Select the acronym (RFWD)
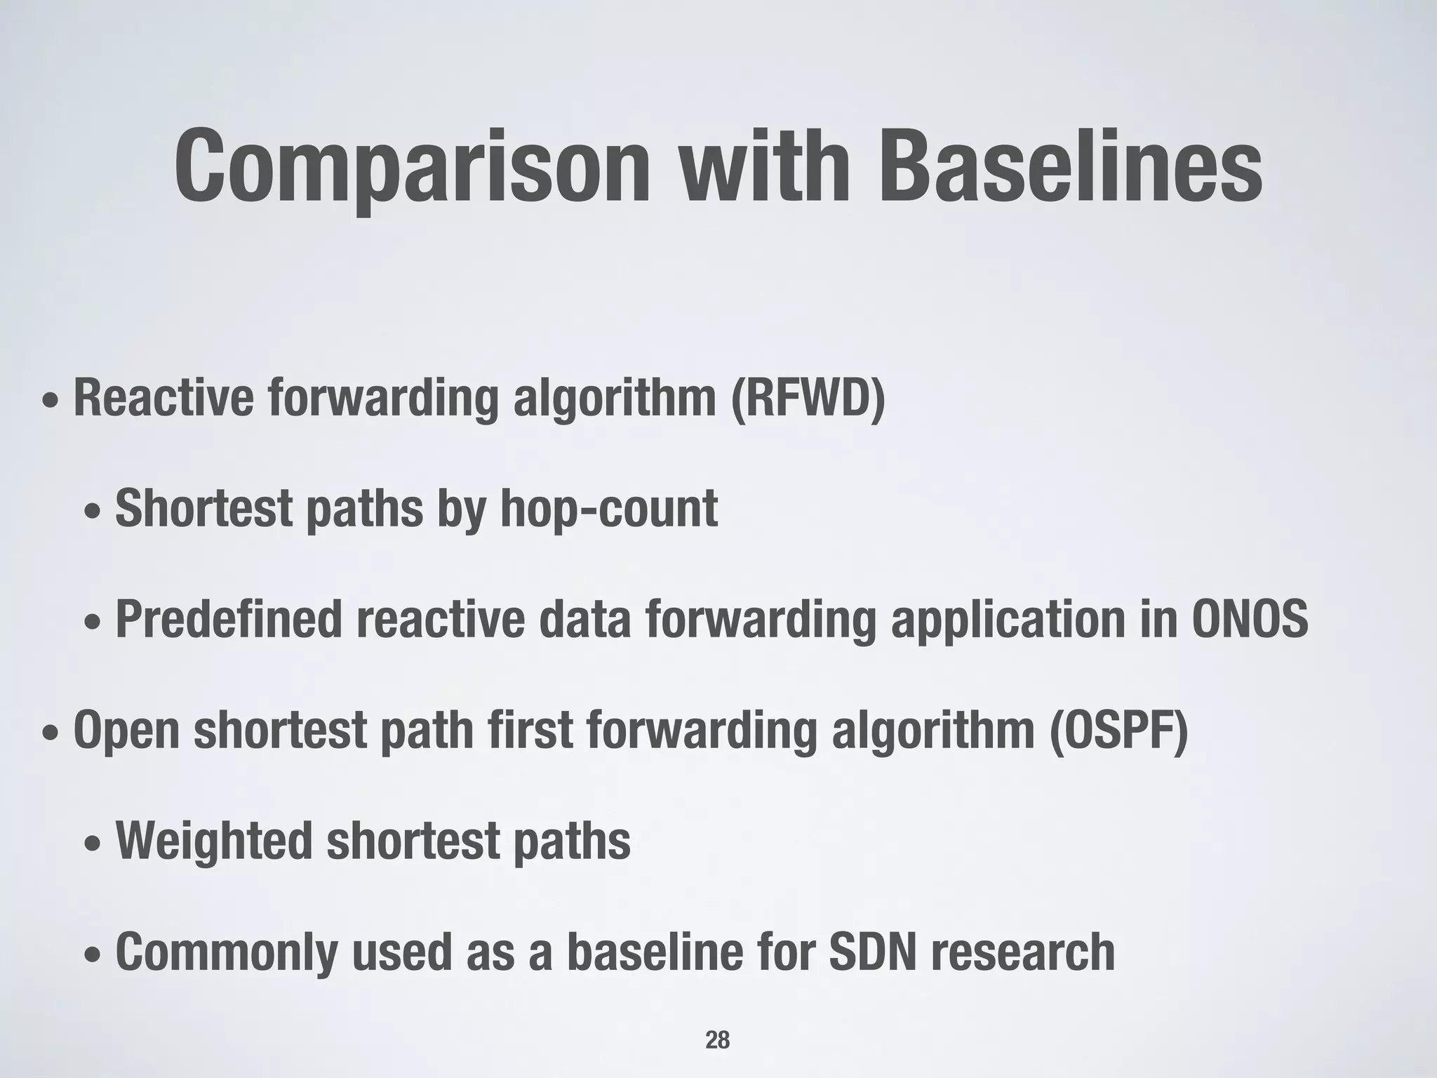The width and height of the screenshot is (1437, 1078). click(x=808, y=398)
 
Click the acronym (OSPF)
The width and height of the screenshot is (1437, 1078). click(x=1118, y=731)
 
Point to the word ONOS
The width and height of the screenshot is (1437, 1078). click(x=1250, y=620)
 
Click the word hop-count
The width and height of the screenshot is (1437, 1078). click(x=609, y=509)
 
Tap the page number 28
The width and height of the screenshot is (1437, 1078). click(x=717, y=1040)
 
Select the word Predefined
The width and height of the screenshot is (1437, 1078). click(x=228, y=620)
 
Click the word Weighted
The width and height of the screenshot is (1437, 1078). click(x=213, y=841)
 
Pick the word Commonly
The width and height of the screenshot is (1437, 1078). click(x=226, y=952)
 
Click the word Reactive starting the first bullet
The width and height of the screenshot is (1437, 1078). click(x=163, y=398)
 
